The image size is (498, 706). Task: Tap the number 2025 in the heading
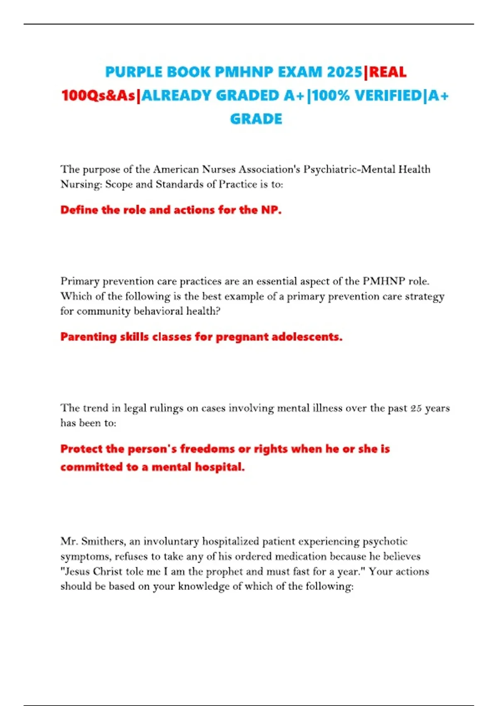click(344, 72)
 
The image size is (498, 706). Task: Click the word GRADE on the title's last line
click(256, 119)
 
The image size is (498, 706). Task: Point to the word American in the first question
click(176, 169)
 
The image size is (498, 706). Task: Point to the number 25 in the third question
click(416, 408)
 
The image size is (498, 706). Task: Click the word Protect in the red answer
click(81, 449)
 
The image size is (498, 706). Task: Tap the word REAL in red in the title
click(388, 72)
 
